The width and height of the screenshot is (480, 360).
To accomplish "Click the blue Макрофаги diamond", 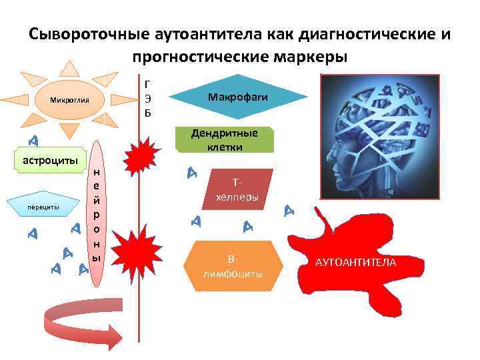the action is [238, 98].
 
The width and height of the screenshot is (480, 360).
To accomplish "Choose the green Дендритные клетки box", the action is [224, 139].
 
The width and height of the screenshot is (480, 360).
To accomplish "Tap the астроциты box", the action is [51, 160].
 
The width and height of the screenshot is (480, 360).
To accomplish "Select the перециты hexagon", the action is [43, 207].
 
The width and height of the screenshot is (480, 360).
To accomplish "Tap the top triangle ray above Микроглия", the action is [69, 68].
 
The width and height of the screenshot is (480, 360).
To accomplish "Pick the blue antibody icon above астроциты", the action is [33, 140].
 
